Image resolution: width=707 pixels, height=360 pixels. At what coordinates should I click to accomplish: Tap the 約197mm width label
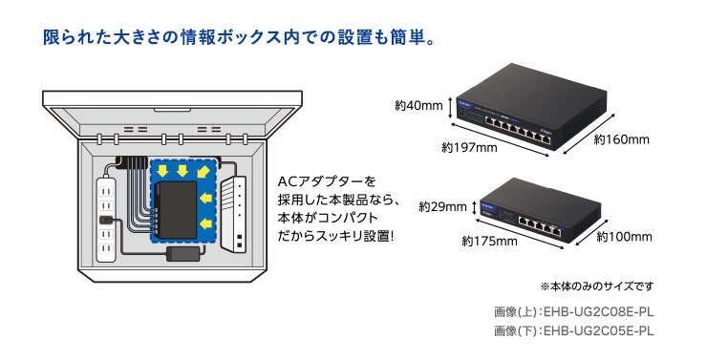pos(469,147)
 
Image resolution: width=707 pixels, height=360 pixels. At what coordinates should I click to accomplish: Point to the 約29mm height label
pos(442,206)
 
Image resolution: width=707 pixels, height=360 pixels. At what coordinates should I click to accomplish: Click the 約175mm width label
pos(489,242)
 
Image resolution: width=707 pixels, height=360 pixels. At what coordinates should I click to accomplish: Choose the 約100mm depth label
pos(625,236)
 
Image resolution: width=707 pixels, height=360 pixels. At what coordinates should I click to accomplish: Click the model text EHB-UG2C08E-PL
pos(597,312)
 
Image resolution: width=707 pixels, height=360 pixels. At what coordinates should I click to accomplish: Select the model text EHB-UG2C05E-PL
pos(597,330)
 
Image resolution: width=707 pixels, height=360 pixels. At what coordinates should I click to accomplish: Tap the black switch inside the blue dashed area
pos(176,207)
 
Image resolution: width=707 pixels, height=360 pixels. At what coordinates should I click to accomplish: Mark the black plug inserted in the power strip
pos(104,225)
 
